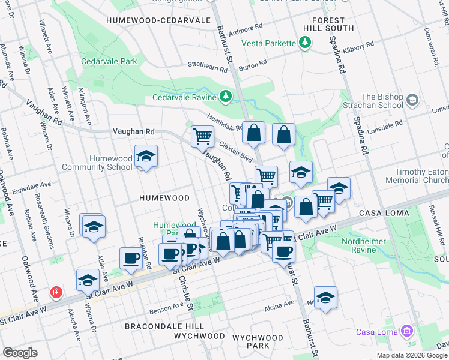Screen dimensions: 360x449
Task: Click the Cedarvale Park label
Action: (110, 61)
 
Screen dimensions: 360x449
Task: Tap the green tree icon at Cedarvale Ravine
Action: (226, 96)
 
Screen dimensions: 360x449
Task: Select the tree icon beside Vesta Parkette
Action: (306, 43)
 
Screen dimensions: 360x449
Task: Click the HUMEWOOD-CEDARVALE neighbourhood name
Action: (158, 20)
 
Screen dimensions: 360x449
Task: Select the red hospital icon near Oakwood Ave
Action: (56, 292)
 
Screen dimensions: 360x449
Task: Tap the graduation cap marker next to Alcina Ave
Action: (325, 297)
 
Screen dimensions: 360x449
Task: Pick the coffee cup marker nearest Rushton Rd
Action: (131, 259)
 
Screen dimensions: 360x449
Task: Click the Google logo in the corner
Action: (20, 353)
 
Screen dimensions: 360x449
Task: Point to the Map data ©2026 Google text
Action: (412, 355)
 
